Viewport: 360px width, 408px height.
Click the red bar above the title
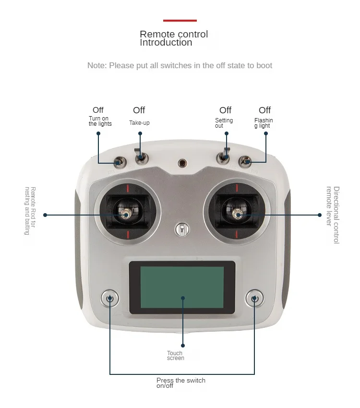pyautogui.click(x=180, y=21)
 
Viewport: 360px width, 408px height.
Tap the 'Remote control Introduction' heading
pyautogui.click(x=174, y=38)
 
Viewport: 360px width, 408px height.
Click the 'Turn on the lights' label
pyautogui.click(x=100, y=121)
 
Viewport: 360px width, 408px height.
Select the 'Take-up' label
pyautogui.click(x=139, y=123)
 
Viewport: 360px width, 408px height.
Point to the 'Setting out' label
pyautogui.click(x=224, y=123)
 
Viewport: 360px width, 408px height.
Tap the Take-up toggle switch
pyautogui.click(x=140, y=157)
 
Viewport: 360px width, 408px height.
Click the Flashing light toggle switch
pyautogui.click(x=245, y=161)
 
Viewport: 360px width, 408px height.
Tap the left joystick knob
pyautogui.click(x=126, y=215)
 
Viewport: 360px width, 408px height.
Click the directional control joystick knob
pyautogui.click(x=237, y=215)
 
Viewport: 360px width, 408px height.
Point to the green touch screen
pyautogui.click(x=182, y=288)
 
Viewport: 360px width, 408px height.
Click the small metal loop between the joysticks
pyautogui.click(x=181, y=229)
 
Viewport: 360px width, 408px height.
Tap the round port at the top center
pyautogui.click(x=182, y=163)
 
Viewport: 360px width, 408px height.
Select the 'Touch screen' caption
pyautogui.click(x=175, y=356)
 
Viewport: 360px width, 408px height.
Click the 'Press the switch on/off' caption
pyautogui.click(x=180, y=383)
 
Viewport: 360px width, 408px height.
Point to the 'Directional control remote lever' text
pyautogui.click(x=333, y=215)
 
